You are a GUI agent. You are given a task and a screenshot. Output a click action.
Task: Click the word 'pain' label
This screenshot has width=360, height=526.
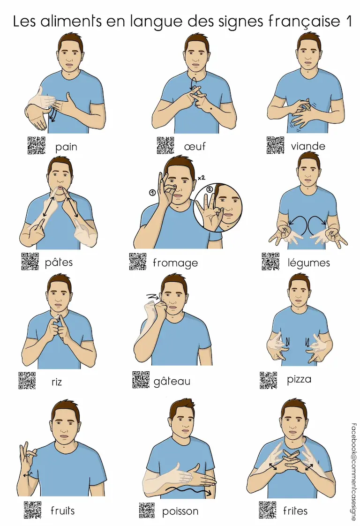point(66,147)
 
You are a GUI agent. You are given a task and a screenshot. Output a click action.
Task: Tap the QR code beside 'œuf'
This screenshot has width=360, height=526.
point(165,145)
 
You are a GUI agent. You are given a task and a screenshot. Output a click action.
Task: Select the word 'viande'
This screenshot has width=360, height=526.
point(308,146)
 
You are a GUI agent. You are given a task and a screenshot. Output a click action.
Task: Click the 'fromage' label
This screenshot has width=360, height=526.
point(175,263)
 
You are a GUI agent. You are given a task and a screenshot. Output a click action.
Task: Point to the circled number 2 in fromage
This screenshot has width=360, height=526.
point(210,189)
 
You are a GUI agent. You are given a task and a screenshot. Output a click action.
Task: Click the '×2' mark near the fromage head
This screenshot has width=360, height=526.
point(201,178)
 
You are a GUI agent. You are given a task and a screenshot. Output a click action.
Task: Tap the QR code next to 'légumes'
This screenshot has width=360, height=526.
point(270,261)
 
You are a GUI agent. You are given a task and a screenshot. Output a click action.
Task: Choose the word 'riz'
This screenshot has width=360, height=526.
point(57,382)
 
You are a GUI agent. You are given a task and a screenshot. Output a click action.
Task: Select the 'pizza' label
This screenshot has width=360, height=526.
point(299,379)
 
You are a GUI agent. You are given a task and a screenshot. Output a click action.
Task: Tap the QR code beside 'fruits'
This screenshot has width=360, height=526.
point(32,510)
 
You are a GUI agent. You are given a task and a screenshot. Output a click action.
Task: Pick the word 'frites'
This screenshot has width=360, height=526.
point(295,511)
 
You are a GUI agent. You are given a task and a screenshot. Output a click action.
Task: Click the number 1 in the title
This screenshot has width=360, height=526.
point(348,22)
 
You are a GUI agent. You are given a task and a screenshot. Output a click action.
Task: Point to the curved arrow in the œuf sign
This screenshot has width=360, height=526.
point(192,83)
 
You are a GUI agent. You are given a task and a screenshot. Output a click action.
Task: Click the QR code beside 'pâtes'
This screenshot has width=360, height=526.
point(30,261)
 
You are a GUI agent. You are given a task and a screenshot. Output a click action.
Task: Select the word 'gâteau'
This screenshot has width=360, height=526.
point(172,381)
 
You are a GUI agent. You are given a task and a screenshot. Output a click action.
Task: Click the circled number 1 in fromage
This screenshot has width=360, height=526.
point(152,193)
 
